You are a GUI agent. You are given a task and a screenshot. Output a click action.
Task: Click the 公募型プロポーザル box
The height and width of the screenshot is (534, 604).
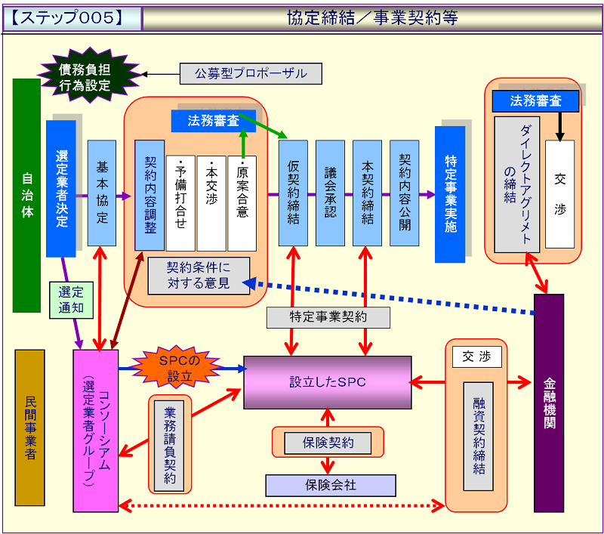[x=251, y=73]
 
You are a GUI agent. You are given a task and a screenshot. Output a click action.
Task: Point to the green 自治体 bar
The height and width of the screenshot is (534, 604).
[x=26, y=195]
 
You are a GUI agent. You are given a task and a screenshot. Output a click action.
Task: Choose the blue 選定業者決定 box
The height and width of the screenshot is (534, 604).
[x=61, y=189]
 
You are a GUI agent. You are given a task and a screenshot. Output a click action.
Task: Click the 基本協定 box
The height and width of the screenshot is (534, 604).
[x=101, y=193]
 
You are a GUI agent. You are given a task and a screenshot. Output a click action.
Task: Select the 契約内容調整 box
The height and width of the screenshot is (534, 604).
[x=149, y=195]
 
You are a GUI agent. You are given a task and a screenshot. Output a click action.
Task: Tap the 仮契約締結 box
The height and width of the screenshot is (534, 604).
[x=293, y=193]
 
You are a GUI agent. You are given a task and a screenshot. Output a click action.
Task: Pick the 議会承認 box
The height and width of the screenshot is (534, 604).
[x=330, y=193]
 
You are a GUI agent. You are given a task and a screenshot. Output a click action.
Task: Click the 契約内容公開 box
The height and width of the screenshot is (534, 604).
[x=404, y=193]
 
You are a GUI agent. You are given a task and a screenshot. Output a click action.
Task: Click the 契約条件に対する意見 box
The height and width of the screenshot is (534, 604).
[x=198, y=276]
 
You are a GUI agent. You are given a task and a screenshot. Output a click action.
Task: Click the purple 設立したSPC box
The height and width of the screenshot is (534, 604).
[x=327, y=383]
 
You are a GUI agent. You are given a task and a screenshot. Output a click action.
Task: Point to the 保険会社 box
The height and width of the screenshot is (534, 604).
[x=330, y=485]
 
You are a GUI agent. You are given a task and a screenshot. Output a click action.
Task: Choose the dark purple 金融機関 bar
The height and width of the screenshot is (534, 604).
[x=549, y=403]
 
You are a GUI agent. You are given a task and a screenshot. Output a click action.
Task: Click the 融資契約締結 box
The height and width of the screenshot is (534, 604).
[x=478, y=436]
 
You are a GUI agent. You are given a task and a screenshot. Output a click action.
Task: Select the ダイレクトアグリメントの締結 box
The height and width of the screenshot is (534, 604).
[x=517, y=184]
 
